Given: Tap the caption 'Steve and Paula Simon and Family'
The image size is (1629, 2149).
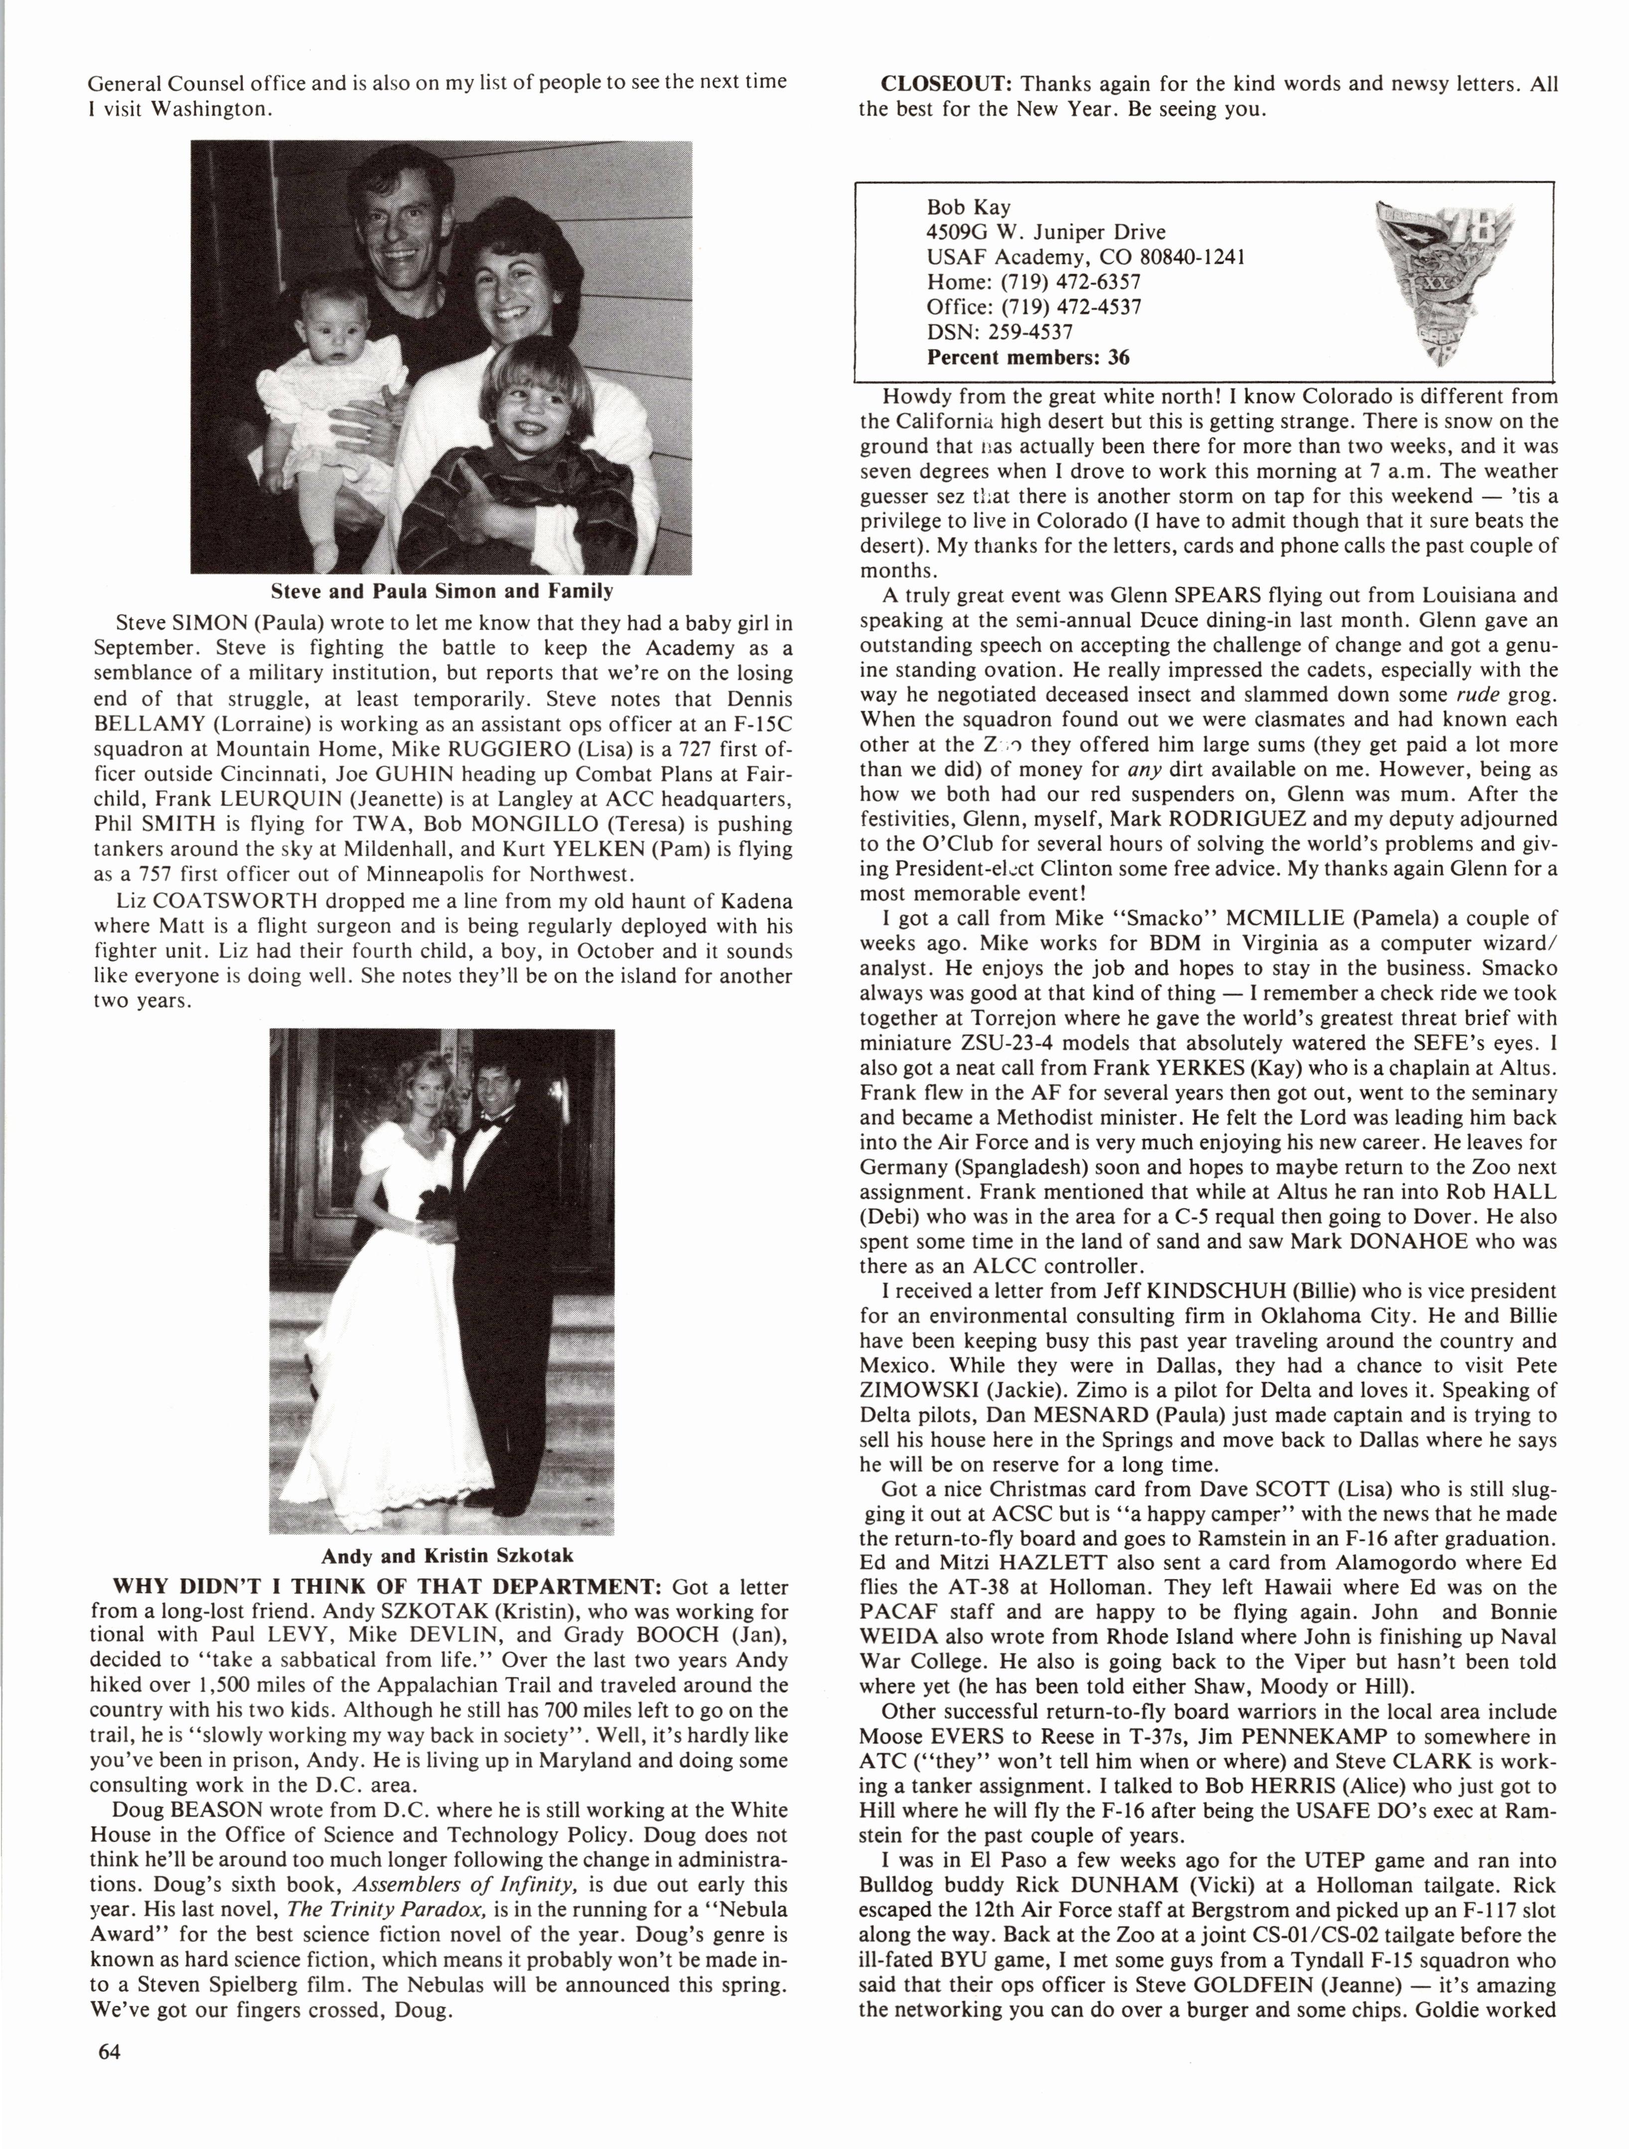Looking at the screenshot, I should click(442, 591).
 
